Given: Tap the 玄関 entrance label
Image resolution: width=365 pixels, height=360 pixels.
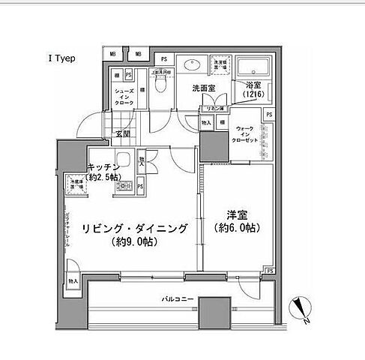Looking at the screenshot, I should pos(122,134).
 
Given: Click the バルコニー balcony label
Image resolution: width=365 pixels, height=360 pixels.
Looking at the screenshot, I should pos(178,299).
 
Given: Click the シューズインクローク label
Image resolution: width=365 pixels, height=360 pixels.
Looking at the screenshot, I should pos(125,95).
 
